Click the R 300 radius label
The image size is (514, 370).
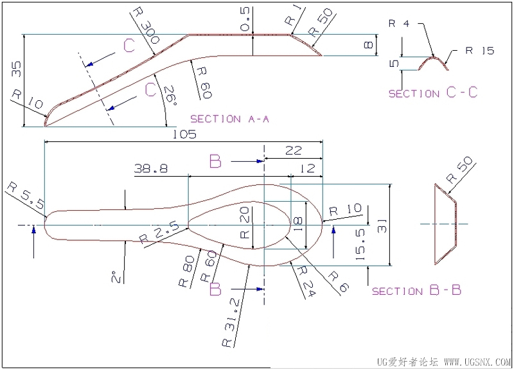coord(146,26)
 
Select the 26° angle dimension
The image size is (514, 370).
coord(170,95)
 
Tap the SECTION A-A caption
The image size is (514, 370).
coord(229,119)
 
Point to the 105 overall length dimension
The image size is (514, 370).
coord(184,134)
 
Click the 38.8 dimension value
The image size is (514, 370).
coord(151,168)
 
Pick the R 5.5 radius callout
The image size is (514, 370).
coord(26,196)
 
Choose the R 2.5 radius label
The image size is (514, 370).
coord(159,233)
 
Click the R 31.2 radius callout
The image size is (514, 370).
coord(231,323)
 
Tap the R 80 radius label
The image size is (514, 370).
coord(186,271)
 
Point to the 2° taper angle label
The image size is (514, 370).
coord(117,277)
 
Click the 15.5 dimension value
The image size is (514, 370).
coord(360,245)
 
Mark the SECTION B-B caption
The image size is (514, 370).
coord(416,290)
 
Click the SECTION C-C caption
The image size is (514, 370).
coord(432,92)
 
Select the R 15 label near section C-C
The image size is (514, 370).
coord(479,51)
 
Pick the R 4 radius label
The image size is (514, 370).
coord(399,24)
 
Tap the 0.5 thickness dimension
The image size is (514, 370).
coord(245,19)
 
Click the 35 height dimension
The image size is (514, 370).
coord(17,69)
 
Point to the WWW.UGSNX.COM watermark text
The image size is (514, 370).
coord(477,362)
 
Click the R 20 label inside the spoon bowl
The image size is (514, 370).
coord(245,223)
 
